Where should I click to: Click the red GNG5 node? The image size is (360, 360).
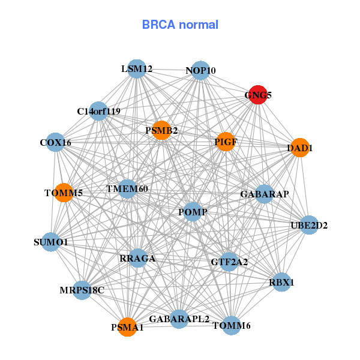[257, 95]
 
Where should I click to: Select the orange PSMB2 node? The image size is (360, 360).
[161, 130]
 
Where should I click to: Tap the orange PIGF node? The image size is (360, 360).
[225, 142]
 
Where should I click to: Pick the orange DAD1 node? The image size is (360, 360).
[300, 147]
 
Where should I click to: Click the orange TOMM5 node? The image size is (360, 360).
[64, 193]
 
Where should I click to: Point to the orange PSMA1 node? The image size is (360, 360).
[127, 327]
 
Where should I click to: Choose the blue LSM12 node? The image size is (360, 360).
[137, 69]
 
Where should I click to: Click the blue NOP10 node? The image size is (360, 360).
[200, 71]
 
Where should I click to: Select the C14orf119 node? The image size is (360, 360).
[99, 111]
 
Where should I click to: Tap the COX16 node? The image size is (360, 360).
[55, 143]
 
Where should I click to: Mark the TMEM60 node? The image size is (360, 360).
[127, 189]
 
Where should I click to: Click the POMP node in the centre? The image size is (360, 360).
[193, 212]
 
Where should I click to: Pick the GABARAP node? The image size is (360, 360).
[265, 194]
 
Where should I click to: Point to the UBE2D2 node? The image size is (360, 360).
[309, 226]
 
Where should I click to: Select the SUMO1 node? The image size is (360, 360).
[51, 242]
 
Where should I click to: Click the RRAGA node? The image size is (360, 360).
[137, 259]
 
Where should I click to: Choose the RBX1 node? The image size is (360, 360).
[283, 281]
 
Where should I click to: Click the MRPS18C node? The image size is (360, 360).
[82, 290]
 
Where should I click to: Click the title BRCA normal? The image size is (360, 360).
[180, 25]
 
